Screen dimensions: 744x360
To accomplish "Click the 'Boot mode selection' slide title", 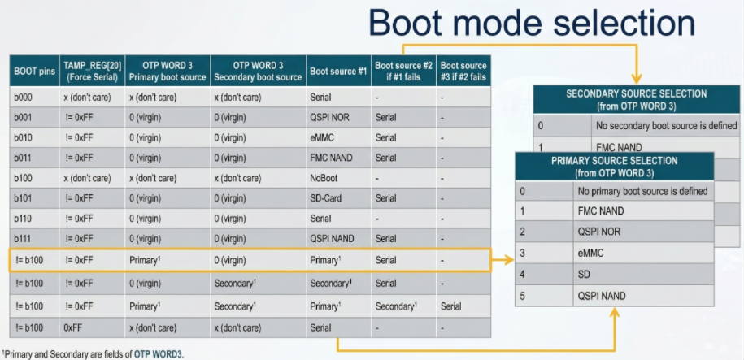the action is (532, 22).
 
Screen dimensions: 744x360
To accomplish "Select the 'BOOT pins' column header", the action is (34, 72).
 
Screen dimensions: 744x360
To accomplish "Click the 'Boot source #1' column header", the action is (339, 72).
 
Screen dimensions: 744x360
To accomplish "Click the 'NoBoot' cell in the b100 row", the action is (324, 178).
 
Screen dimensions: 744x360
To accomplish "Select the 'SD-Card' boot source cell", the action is (326, 199).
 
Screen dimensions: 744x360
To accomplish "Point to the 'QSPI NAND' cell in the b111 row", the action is (332, 239).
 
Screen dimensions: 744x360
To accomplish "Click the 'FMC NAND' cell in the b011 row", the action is (331, 158).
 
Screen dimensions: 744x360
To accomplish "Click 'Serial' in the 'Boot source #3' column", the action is (450, 306).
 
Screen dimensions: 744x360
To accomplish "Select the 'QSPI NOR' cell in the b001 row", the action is (330, 117).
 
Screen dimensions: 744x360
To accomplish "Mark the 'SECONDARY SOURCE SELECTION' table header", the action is (637, 100).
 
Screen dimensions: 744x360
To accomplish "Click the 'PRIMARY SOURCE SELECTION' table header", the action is (615, 167).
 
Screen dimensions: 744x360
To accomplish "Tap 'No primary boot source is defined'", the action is (642, 192).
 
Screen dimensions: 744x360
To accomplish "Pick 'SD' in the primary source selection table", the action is (583, 275).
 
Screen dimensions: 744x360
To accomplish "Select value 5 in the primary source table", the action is (522, 296).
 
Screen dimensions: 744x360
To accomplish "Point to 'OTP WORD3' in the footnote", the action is (158, 353).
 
